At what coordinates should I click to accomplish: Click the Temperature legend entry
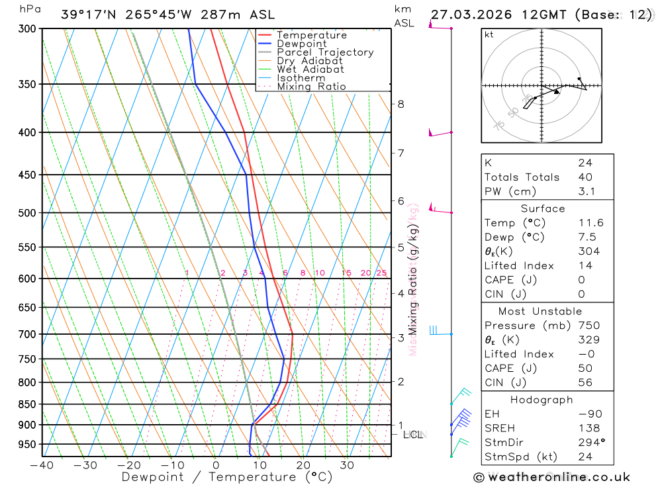pyautogui.click(x=311, y=35)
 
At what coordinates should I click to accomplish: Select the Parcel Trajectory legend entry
pyautogui.click(x=325, y=52)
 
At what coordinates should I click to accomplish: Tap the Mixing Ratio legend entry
pyautogui.click(x=311, y=87)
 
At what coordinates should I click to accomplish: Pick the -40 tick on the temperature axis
pyautogui.click(x=42, y=465)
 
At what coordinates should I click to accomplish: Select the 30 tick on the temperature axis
pyautogui.click(x=347, y=465)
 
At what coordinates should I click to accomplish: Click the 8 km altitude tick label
pyautogui.click(x=401, y=104)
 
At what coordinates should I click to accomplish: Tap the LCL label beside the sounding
pyautogui.click(x=412, y=435)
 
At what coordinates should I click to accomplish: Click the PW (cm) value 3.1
pyautogui.click(x=587, y=191)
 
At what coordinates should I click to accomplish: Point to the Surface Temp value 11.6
pyautogui.click(x=591, y=223)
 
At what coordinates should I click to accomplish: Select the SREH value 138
pyautogui.click(x=589, y=428)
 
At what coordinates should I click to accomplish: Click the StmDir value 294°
pyautogui.click(x=591, y=443)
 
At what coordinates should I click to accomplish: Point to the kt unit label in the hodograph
pyautogui.click(x=489, y=34)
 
